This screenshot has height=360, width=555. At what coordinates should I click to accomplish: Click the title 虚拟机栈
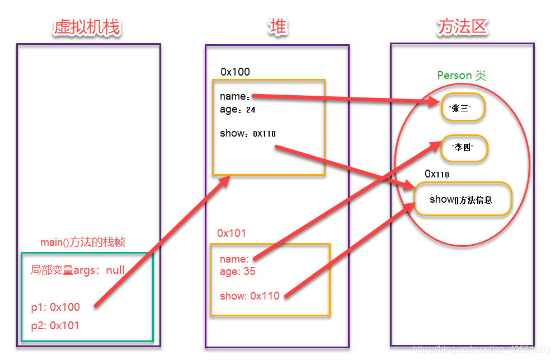(x=87, y=27)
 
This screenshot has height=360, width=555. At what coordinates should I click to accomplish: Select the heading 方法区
(x=462, y=27)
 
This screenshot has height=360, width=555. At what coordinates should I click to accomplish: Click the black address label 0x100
(x=235, y=72)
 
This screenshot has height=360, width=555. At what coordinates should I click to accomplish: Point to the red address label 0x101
(x=232, y=233)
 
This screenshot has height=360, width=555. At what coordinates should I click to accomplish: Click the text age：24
(x=237, y=110)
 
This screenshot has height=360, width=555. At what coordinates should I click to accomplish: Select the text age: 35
(x=237, y=271)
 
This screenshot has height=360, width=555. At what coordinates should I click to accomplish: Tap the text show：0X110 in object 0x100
(x=247, y=133)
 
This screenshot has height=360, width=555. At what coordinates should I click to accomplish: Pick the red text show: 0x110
(x=249, y=296)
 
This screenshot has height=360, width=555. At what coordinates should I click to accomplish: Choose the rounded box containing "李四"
(x=464, y=148)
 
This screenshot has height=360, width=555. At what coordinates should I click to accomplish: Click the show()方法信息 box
(x=462, y=199)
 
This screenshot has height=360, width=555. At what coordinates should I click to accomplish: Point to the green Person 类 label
(x=462, y=76)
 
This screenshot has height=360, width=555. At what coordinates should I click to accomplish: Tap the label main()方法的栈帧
(x=83, y=242)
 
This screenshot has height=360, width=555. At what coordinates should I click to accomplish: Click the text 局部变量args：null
(x=78, y=270)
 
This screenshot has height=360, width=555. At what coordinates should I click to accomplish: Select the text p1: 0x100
(x=55, y=307)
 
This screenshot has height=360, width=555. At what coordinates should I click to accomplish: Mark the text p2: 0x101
(x=55, y=325)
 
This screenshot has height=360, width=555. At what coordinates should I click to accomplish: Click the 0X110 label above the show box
(x=437, y=174)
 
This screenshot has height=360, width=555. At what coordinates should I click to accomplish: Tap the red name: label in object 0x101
(x=234, y=259)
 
